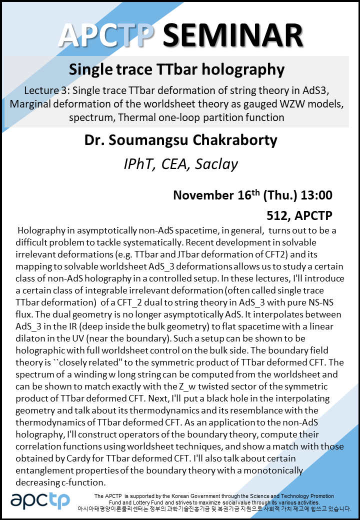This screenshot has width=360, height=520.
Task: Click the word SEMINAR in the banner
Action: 233,35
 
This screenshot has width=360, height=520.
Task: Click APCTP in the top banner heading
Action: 107,35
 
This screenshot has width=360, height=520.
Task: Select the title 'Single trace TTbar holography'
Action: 176,68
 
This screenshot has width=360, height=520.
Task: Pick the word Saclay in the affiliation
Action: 215,163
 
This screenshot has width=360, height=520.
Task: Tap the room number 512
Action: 278,216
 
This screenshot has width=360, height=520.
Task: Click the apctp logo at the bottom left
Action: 41,500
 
